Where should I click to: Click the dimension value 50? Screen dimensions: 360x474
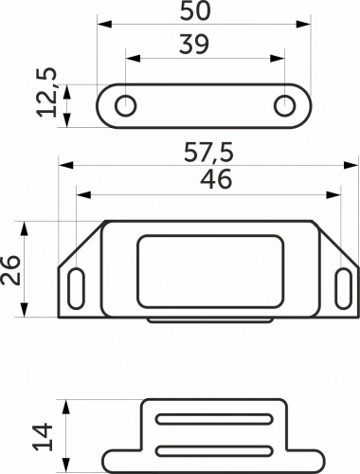coord(195,10)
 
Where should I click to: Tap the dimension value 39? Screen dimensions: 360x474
coord(194,45)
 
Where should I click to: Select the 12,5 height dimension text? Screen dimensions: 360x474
coord(46,92)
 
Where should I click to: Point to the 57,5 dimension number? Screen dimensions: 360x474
coord(208,153)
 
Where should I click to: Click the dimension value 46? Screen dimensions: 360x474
coord(216,179)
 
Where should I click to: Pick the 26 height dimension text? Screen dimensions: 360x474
coord(10,270)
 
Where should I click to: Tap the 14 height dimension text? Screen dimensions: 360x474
coord(43,437)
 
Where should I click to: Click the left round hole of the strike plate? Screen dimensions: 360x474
coord(125,105)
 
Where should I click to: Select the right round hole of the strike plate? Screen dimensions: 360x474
coord(285,105)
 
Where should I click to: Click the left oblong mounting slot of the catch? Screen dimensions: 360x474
coord(77,288)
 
